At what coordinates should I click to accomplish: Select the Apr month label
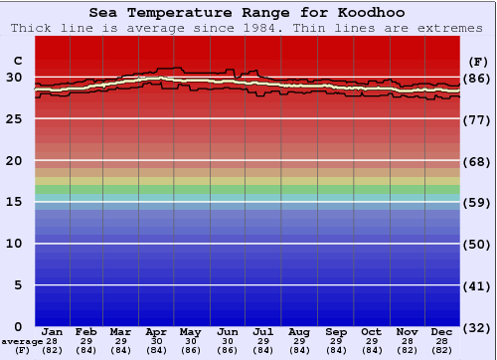point(156,331)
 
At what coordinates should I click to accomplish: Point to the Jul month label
point(263,331)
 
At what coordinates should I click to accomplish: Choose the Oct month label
point(371,331)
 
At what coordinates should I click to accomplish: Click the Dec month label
point(442,331)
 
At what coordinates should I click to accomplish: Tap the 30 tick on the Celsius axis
point(15,78)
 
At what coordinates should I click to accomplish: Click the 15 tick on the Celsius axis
point(15,202)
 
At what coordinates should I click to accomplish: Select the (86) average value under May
point(192,349)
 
